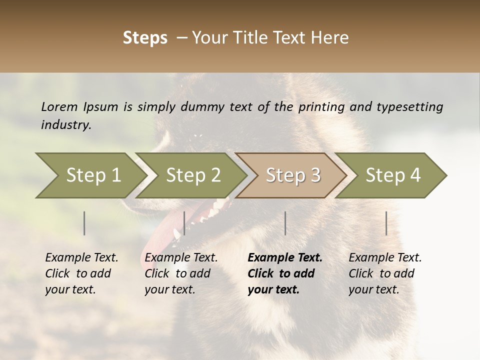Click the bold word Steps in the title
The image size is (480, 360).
pyautogui.click(x=145, y=38)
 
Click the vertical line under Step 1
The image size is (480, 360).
pyautogui.click(x=84, y=223)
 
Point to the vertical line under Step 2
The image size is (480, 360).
pyautogui.click(x=184, y=223)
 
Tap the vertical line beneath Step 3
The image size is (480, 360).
pyautogui.click(x=285, y=223)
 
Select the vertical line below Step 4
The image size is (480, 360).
pyautogui.click(x=386, y=223)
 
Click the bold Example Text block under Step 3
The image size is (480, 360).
pyautogui.click(x=285, y=273)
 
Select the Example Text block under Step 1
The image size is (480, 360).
pyautogui.click(x=81, y=273)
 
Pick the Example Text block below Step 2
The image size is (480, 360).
pyautogui.click(x=181, y=273)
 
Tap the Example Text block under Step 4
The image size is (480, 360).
pyautogui.click(x=385, y=273)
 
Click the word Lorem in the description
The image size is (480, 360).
pyautogui.click(x=59, y=106)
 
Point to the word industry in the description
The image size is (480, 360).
pyautogui.click(x=66, y=125)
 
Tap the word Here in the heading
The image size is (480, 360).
pyautogui.click(x=330, y=38)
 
